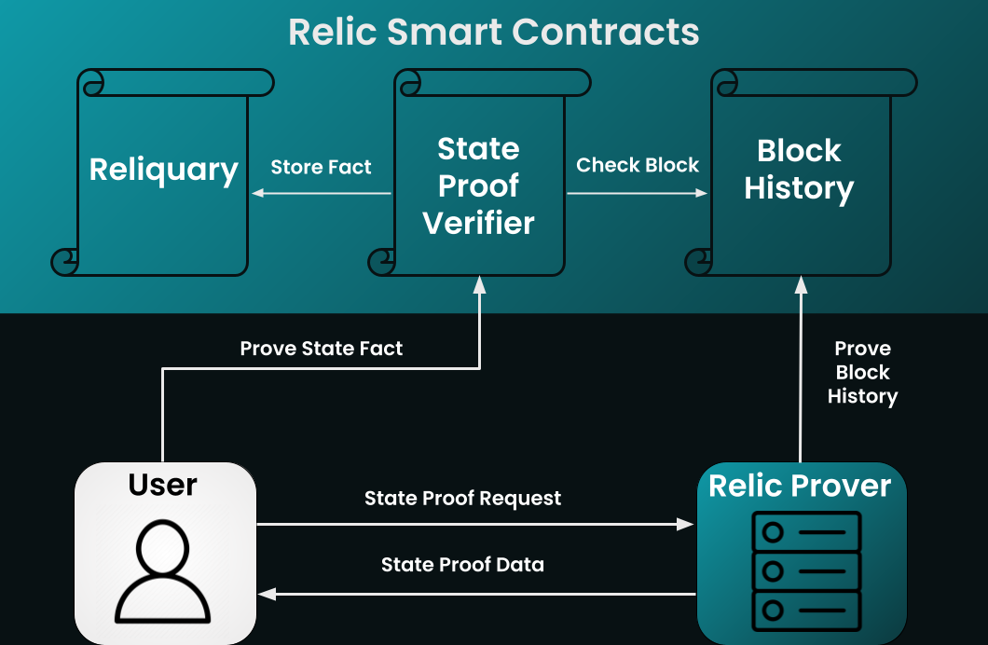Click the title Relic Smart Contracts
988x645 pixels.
tap(493, 32)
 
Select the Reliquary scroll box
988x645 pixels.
tap(163, 172)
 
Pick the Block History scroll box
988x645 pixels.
tap(799, 172)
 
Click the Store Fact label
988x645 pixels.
tap(321, 168)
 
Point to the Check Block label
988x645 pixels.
tap(638, 166)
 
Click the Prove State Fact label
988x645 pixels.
tap(322, 349)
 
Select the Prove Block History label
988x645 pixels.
tap(863, 372)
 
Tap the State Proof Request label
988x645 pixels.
tap(462, 499)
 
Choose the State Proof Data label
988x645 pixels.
tap(462, 565)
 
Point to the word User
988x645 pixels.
tap(163, 485)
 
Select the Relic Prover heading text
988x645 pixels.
tap(800, 486)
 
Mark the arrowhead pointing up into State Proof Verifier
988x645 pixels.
tap(479, 285)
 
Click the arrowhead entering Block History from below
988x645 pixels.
tap(799, 284)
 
